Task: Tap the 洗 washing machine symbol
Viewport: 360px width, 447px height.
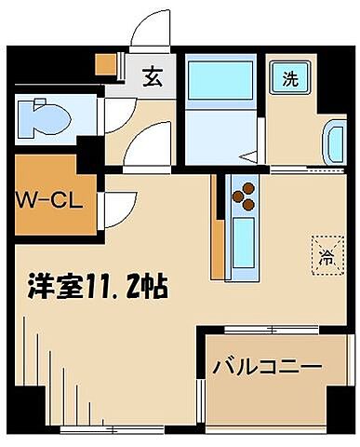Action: coord(289,78)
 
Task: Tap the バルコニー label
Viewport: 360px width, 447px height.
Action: coord(265,365)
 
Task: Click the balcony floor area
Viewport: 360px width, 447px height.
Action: coord(265,391)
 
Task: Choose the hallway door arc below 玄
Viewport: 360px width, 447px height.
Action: coord(146,147)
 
